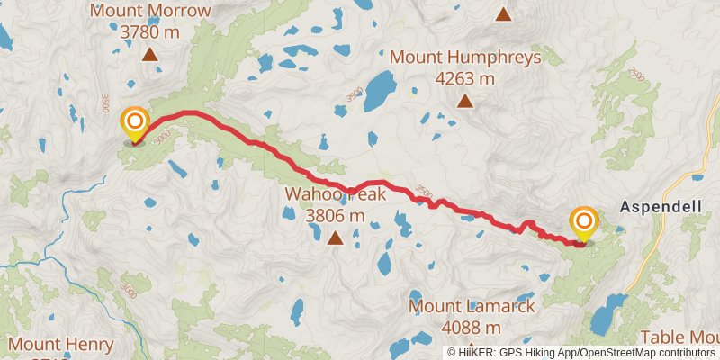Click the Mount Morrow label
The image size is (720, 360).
pos(150,12)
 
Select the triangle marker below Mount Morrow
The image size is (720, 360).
pos(150,54)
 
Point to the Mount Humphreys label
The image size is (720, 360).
pos(465,58)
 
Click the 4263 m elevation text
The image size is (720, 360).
pos(465,79)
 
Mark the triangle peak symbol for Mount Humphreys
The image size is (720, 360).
pos(465,101)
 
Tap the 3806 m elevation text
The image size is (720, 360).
pos(335,216)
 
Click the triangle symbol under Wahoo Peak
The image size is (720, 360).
pos(335,238)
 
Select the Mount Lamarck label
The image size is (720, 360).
pos(472,307)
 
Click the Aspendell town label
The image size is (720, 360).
pos(661,207)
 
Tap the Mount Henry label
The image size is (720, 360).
pos(61,345)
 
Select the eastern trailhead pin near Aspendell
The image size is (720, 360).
pos(584,222)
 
